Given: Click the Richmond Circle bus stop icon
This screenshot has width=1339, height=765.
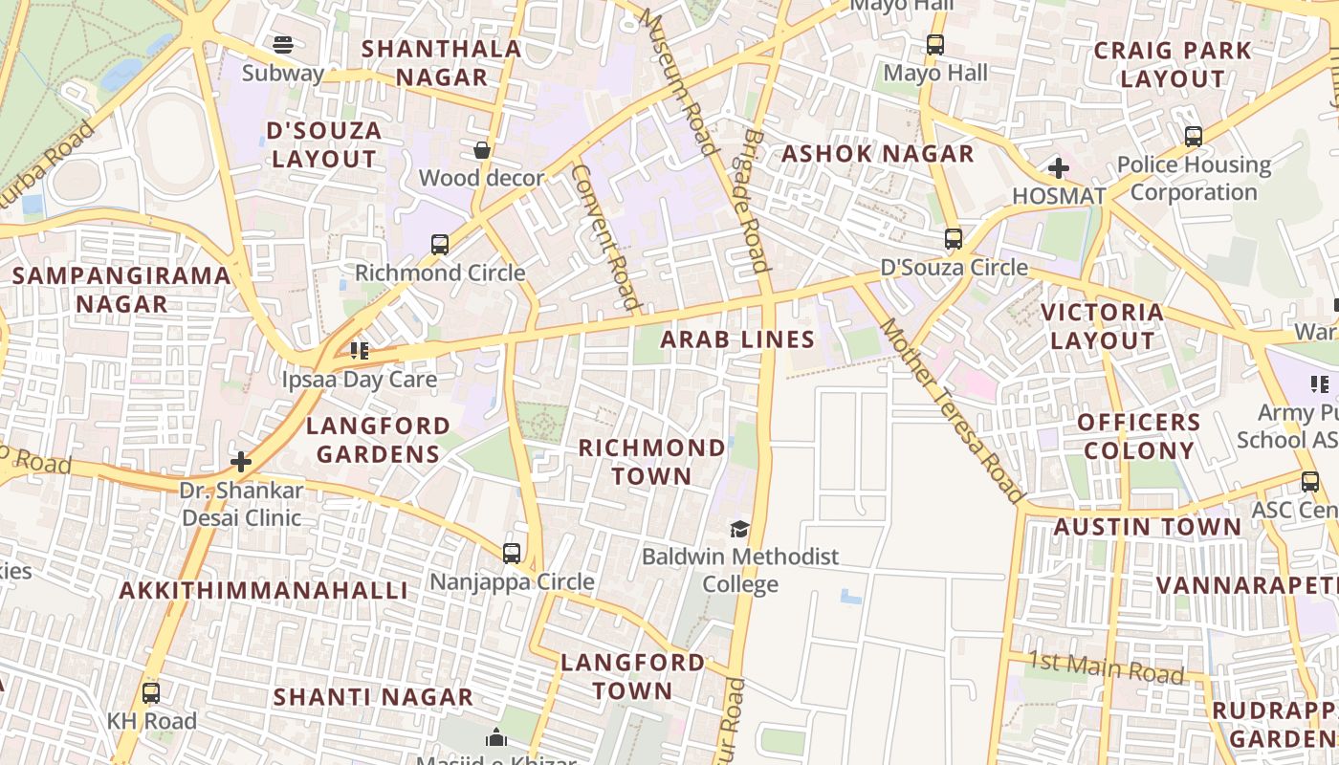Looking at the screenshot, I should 439,245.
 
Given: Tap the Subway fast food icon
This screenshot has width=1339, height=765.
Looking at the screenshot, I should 282,45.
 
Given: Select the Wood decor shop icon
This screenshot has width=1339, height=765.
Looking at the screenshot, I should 482,150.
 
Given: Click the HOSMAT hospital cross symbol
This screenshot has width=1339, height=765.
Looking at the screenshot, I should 1058,169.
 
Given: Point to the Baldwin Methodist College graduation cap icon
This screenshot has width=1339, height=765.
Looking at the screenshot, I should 739,529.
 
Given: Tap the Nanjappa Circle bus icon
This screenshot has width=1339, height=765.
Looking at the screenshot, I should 512,554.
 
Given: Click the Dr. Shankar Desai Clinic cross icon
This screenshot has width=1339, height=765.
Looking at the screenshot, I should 241,463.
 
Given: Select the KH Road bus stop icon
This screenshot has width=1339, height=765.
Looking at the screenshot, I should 151,693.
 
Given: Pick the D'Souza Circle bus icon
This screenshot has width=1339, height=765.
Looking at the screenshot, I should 954,239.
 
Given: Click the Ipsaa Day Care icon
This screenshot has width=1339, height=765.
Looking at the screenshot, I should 359,351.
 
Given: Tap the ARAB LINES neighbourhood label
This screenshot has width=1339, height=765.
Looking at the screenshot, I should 737,339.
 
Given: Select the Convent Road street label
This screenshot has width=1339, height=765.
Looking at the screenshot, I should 605,237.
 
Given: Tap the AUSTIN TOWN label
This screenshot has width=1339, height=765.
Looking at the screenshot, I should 1147,527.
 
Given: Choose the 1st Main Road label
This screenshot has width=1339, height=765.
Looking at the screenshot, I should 1108,667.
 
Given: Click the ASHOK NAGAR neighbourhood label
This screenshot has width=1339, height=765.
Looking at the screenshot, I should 877,154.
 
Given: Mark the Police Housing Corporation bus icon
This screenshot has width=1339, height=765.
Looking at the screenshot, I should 1193,137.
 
